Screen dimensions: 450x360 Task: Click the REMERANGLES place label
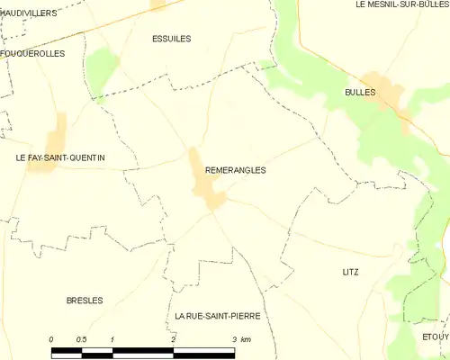click(235, 169)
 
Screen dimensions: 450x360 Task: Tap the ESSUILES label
click(171, 39)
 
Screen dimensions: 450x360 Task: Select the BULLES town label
click(359, 93)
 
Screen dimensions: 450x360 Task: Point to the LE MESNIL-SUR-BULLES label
click(400, 4)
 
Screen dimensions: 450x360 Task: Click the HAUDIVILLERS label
click(28, 13)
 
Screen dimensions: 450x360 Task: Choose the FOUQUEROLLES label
click(33, 54)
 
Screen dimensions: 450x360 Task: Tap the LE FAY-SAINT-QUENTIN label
click(60, 158)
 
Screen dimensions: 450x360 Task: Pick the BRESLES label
click(85, 301)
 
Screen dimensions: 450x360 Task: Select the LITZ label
click(350, 272)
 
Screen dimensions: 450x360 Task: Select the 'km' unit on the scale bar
click(247, 340)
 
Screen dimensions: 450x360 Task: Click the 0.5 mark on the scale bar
click(81, 340)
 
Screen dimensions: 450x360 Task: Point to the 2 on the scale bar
click(172, 340)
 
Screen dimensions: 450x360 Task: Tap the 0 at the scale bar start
click(51, 340)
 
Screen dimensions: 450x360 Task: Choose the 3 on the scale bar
click(233, 340)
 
